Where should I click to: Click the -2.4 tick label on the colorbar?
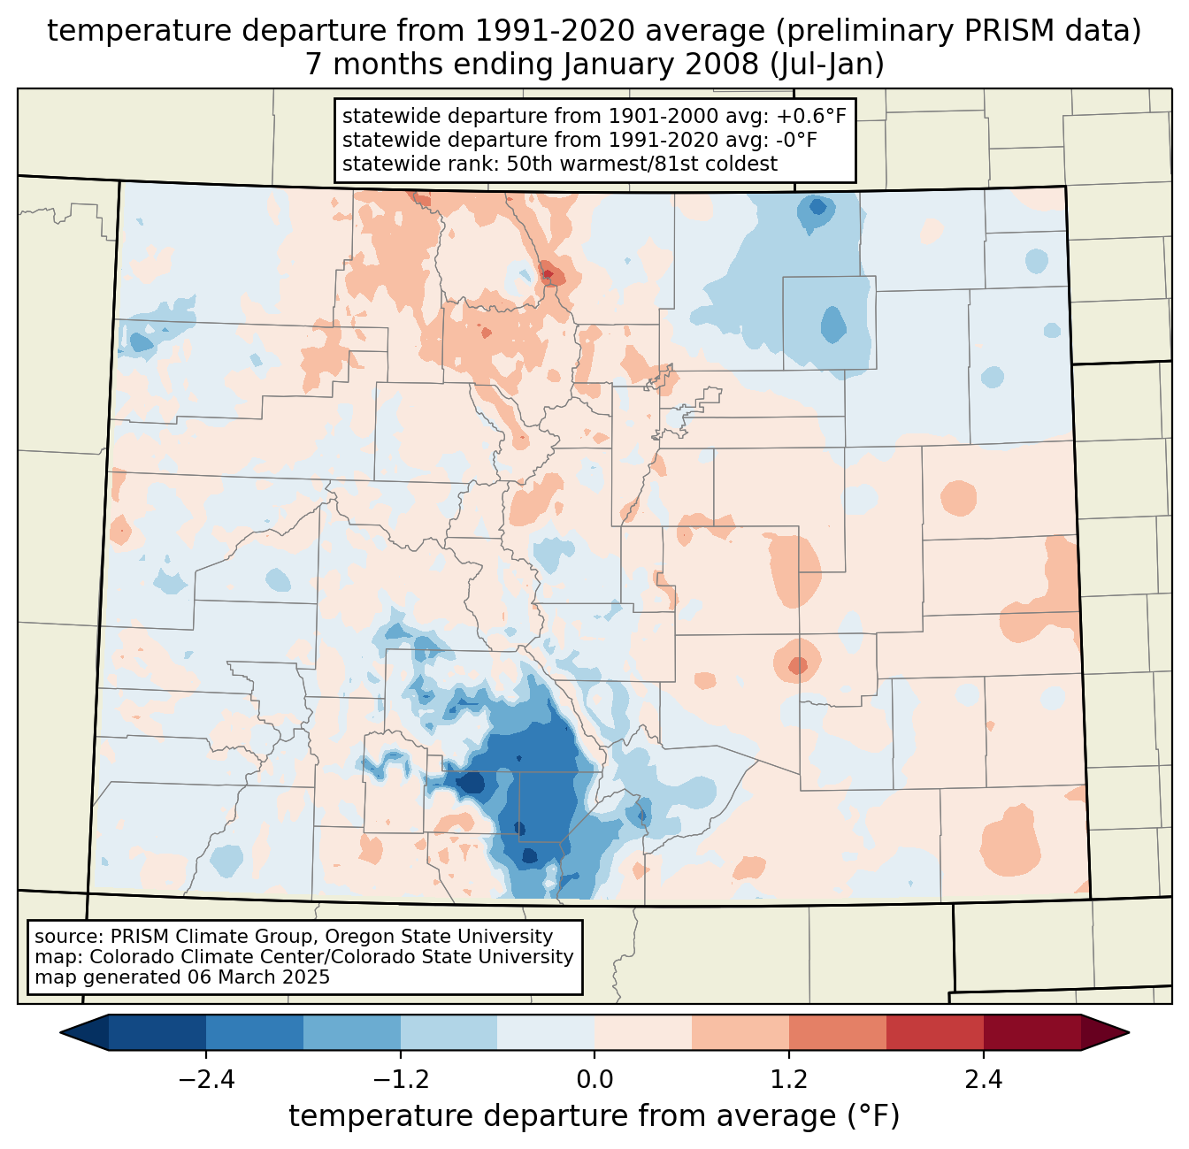click(x=205, y=1080)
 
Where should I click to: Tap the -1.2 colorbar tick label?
click(x=400, y=1080)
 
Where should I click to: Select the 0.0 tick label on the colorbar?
click(x=594, y=1080)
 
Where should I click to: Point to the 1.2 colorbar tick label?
click(x=789, y=1080)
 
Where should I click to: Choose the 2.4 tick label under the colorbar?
click(x=983, y=1080)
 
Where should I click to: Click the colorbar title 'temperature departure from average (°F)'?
click(x=594, y=1116)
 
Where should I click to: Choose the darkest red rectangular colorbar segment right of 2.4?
click(x=1032, y=1032)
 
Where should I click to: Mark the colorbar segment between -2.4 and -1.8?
click(x=255, y=1032)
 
